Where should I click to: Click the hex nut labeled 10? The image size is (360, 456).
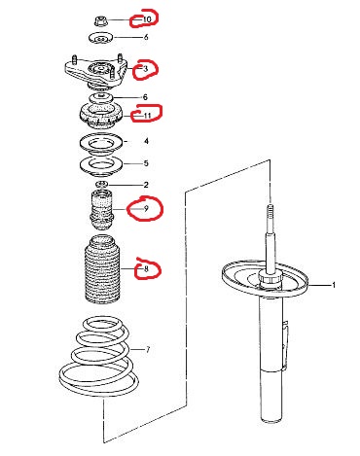click(x=99, y=21)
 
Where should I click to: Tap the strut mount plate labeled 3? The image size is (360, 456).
click(x=95, y=73)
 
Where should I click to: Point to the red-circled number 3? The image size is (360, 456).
click(x=145, y=69)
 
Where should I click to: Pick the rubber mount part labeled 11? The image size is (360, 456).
click(x=101, y=116)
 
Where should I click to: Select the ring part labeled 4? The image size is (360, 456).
click(x=101, y=144)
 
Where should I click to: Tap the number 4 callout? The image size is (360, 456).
click(x=147, y=141)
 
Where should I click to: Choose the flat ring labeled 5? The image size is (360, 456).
click(x=101, y=166)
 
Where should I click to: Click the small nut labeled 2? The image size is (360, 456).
click(x=101, y=185)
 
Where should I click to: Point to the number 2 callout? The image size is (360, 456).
click(x=146, y=185)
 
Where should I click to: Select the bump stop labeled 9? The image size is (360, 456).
click(x=101, y=211)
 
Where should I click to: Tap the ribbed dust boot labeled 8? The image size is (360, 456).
click(x=101, y=270)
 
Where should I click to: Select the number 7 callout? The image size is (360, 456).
click(x=148, y=350)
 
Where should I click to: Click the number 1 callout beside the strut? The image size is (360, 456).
click(x=334, y=285)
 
